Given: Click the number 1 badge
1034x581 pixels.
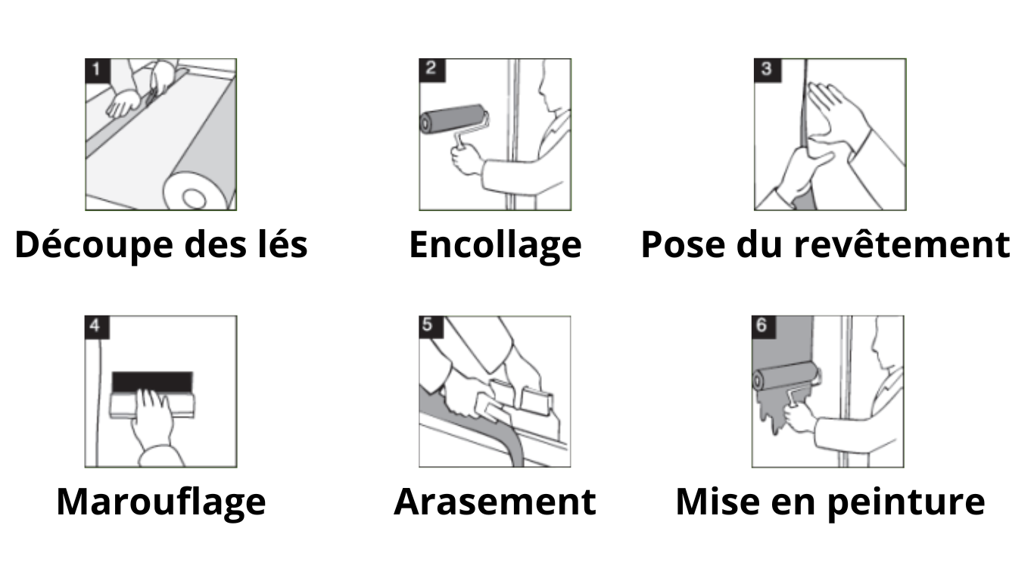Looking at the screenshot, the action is [x=98, y=70].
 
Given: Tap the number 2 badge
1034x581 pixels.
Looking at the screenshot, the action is [x=432, y=70].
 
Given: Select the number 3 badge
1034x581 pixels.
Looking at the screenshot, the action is [x=768, y=70].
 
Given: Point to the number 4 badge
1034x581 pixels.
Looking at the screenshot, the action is [x=97, y=327].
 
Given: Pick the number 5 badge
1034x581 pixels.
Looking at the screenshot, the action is [x=431, y=327].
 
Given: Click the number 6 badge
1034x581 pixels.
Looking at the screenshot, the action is [x=764, y=327].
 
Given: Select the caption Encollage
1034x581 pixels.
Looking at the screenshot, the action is [x=495, y=246].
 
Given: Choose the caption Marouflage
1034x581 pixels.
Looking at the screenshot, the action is [x=161, y=502].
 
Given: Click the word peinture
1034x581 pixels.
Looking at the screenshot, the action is [x=906, y=502].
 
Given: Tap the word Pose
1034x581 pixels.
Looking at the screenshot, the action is [x=683, y=244].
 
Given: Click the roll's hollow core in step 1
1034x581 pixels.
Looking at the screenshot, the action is [x=195, y=198].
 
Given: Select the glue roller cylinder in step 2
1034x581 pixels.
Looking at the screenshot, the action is [x=453, y=119].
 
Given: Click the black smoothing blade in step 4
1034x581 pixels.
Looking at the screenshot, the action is [x=152, y=382].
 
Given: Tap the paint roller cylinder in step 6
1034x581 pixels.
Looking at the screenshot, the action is [x=785, y=376].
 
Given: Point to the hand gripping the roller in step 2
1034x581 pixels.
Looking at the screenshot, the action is [x=467, y=159].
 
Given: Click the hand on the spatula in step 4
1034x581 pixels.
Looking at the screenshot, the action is [x=151, y=415].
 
